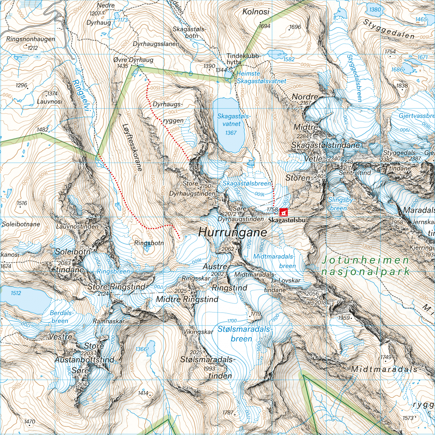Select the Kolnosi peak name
(x=256, y=12)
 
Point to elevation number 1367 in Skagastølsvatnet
(x=231, y=133)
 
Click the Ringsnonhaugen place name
(x=30, y=39)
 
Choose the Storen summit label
(x=298, y=178)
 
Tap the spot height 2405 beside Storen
(x=320, y=176)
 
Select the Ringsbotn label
(x=149, y=243)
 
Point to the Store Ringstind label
(x=117, y=287)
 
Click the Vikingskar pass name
(x=198, y=332)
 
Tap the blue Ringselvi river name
(x=80, y=98)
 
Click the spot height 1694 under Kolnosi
(x=265, y=26)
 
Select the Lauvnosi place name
(x=50, y=101)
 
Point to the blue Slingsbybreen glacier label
(x=340, y=204)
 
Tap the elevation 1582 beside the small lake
(x=289, y=59)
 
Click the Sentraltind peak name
(x=355, y=173)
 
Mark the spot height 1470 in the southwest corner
(x=29, y=421)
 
